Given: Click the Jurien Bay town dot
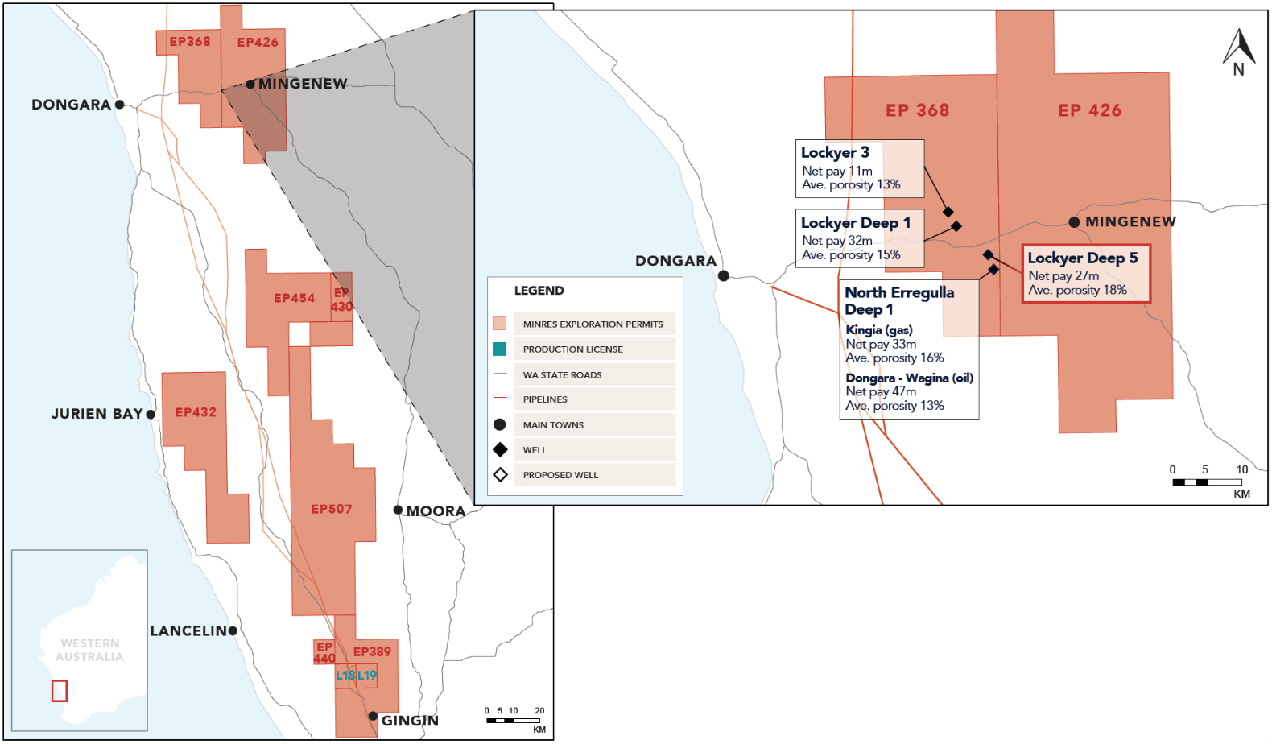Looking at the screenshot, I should (151, 415).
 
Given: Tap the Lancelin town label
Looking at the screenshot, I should (188, 630).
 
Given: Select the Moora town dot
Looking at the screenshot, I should (398, 510).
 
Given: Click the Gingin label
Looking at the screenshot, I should (410, 721).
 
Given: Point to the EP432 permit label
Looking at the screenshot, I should (196, 412).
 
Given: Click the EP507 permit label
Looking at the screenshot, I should (332, 509).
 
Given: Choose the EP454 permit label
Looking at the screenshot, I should (294, 298).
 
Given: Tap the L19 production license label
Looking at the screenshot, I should (367, 676).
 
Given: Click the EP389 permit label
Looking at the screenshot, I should (372, 651).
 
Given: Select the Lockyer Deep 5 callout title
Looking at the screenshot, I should (1083, 258).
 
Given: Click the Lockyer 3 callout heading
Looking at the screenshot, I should (835, 153).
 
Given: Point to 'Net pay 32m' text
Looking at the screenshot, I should (837, 241).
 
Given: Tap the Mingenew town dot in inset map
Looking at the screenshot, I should (1074, 222).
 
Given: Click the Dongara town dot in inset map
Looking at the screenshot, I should (724, 276).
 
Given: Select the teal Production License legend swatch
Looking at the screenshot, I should (500, 349).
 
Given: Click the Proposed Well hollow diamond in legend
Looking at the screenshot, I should (500, 475).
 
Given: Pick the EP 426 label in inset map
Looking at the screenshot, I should (1089, 111).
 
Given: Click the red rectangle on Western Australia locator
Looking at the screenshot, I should (60, 691).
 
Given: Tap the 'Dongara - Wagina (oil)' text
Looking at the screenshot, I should (909, 378).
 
